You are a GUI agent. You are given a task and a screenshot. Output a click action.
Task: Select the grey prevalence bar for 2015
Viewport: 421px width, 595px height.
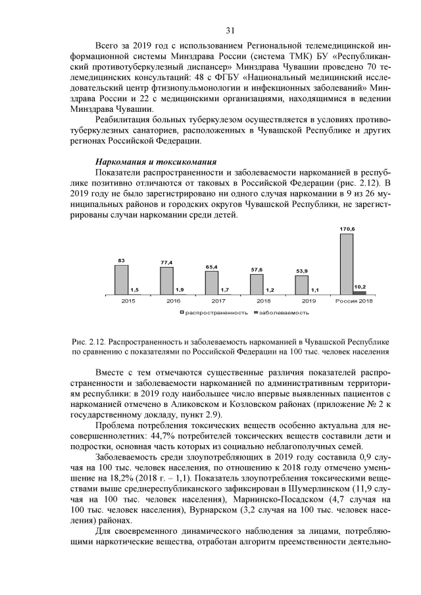(x=121, y=279)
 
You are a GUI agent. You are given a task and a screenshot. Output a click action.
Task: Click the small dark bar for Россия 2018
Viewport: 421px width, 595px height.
(x=360, y=292)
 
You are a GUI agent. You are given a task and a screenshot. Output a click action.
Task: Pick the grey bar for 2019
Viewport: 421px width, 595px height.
(x=301, y=285)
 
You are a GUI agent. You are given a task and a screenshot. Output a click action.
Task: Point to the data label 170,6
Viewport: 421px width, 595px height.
(x=347, y=229)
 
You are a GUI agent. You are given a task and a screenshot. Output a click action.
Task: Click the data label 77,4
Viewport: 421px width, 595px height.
(x=166, y=262)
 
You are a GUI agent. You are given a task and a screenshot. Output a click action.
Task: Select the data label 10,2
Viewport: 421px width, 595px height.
(x=360, y=287)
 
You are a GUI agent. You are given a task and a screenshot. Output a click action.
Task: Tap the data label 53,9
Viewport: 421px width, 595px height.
(x=301, y=271)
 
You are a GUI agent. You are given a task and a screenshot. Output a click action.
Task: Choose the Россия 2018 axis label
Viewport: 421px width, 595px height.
(x=354, y=300)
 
